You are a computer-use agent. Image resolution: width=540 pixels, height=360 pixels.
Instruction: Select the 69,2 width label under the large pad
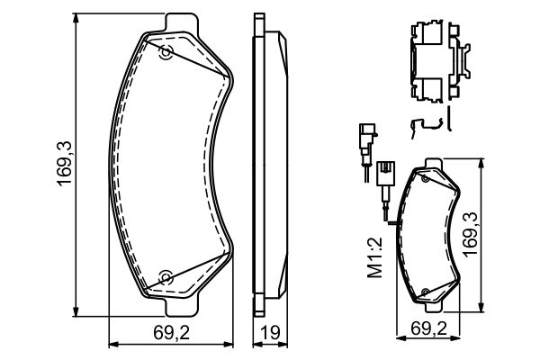[x=171, y=334]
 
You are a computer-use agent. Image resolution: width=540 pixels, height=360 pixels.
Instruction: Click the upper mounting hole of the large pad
[x=165, y=52]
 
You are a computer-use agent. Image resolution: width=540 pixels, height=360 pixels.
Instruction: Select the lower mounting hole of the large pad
[x=165, y=276]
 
